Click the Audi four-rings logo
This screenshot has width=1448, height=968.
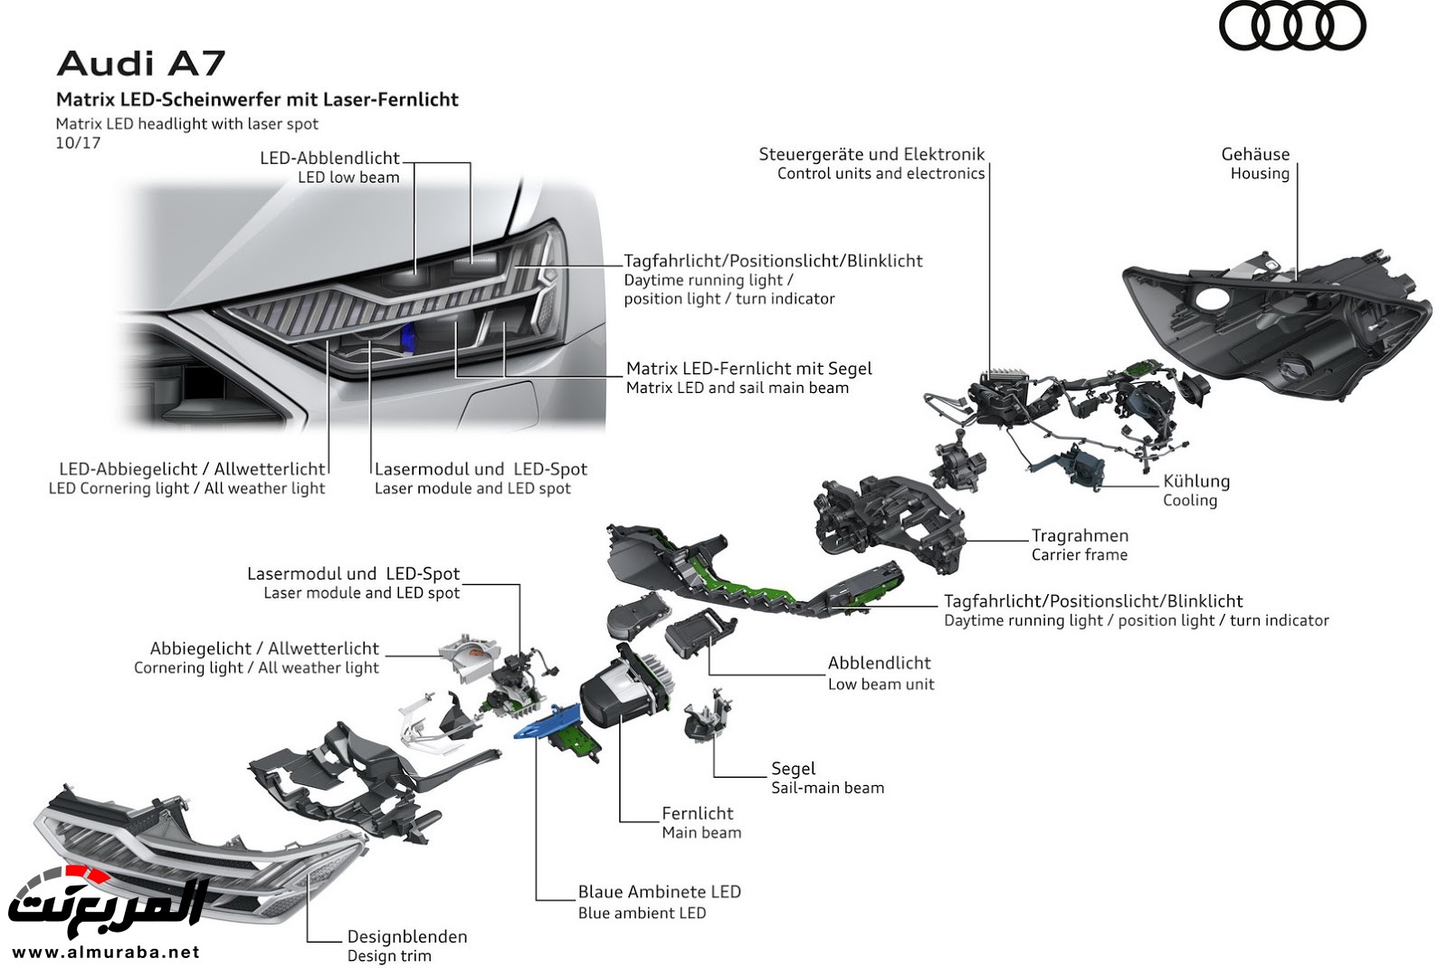tap(1291, 26)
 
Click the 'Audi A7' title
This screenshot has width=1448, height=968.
tap(140, 63)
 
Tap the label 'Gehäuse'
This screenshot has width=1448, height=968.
tap(1255, 154)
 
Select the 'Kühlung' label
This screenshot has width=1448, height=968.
tap(1196, 481)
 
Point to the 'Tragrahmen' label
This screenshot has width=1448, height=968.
tap(1080, 535)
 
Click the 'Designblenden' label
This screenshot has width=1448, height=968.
tap(407, 936)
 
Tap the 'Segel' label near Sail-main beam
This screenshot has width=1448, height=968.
tap(793, 768)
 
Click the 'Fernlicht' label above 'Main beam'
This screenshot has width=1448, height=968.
tap(697, 813)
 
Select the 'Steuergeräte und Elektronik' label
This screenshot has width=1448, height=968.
tap(872, 154)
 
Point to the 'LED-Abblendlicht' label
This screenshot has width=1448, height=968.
tap(329, 158)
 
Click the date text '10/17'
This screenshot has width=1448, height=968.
tap(78, 143)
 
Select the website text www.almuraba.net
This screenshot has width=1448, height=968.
tap(106, 952)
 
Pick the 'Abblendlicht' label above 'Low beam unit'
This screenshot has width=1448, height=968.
tap(879, 663)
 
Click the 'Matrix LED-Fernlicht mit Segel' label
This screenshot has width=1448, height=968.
tap(748, 369)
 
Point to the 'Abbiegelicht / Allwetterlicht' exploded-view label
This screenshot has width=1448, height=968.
tap(264, 648)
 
